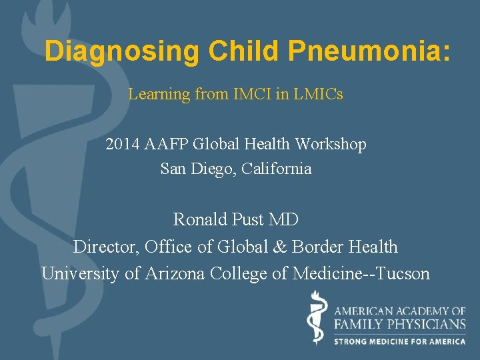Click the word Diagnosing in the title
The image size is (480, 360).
tap(122, 51)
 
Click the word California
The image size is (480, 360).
tap(277, 169)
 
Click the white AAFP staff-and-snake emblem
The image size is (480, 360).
tap(317, 321)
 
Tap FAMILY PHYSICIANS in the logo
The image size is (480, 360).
tap(400, 324)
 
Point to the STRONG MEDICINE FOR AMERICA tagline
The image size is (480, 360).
tap(400, 341)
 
